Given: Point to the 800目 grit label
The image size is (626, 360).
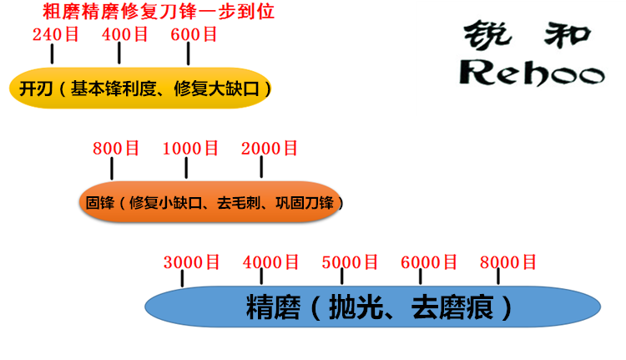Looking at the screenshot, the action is click(115, 149).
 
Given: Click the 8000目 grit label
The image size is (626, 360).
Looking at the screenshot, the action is click(507, 262).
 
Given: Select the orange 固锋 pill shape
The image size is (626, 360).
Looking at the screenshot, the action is click(209, 202).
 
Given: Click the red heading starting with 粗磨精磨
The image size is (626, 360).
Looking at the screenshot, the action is click(159, 13).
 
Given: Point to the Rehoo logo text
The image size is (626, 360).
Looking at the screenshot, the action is click(533, 73).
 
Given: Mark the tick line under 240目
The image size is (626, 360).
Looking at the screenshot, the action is click(52, 54).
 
